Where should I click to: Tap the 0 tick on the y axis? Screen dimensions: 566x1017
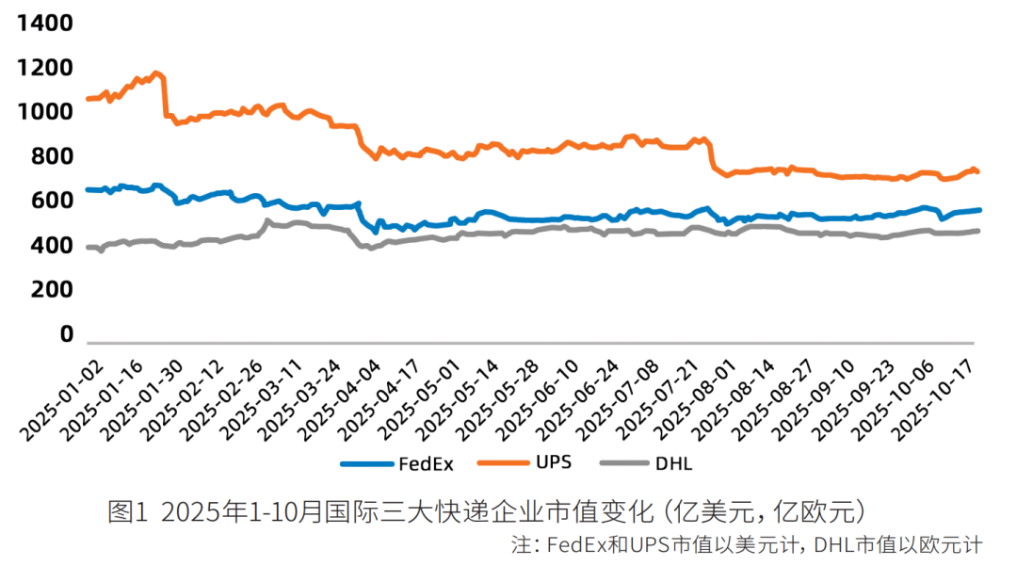point(67,334)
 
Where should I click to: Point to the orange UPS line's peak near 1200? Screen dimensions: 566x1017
point(157,73)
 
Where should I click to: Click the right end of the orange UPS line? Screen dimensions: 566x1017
point(977,171)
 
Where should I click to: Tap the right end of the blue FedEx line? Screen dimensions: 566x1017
point(979,210)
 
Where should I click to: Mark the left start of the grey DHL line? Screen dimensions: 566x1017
point(88,248)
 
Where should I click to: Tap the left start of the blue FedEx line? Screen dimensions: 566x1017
point(88,189)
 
